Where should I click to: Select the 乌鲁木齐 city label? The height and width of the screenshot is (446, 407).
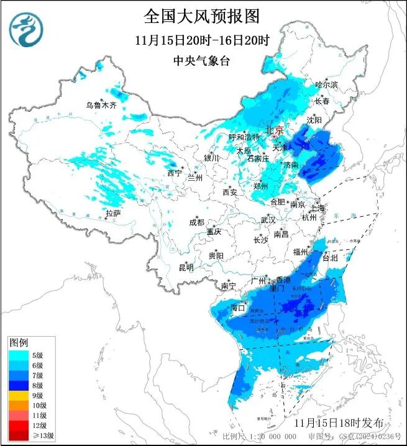coord(101,106)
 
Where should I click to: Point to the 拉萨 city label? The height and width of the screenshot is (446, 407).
coord(112,213)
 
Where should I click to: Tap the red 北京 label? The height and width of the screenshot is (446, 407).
coord(274,130)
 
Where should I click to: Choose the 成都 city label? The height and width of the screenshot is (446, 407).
coord(196,222)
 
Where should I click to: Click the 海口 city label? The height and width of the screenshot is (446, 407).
coord(237,307)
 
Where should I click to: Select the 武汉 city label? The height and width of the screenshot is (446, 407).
coord(268,221)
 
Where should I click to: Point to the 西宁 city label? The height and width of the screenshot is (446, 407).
coord(175,173)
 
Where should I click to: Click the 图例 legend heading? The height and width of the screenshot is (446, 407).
coord(19,343)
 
